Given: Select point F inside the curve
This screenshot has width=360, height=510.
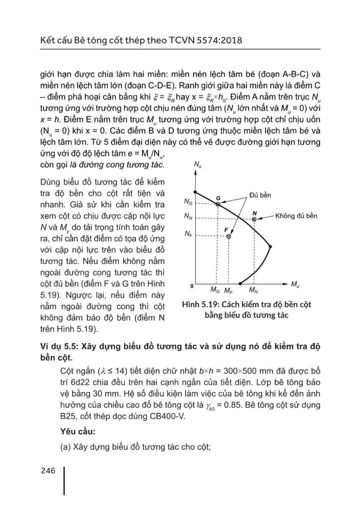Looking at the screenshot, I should click(229, 237).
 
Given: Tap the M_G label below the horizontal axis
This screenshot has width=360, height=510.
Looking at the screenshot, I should click(215, 291).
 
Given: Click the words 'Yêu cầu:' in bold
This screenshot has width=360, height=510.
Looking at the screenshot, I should click(78, 432).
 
